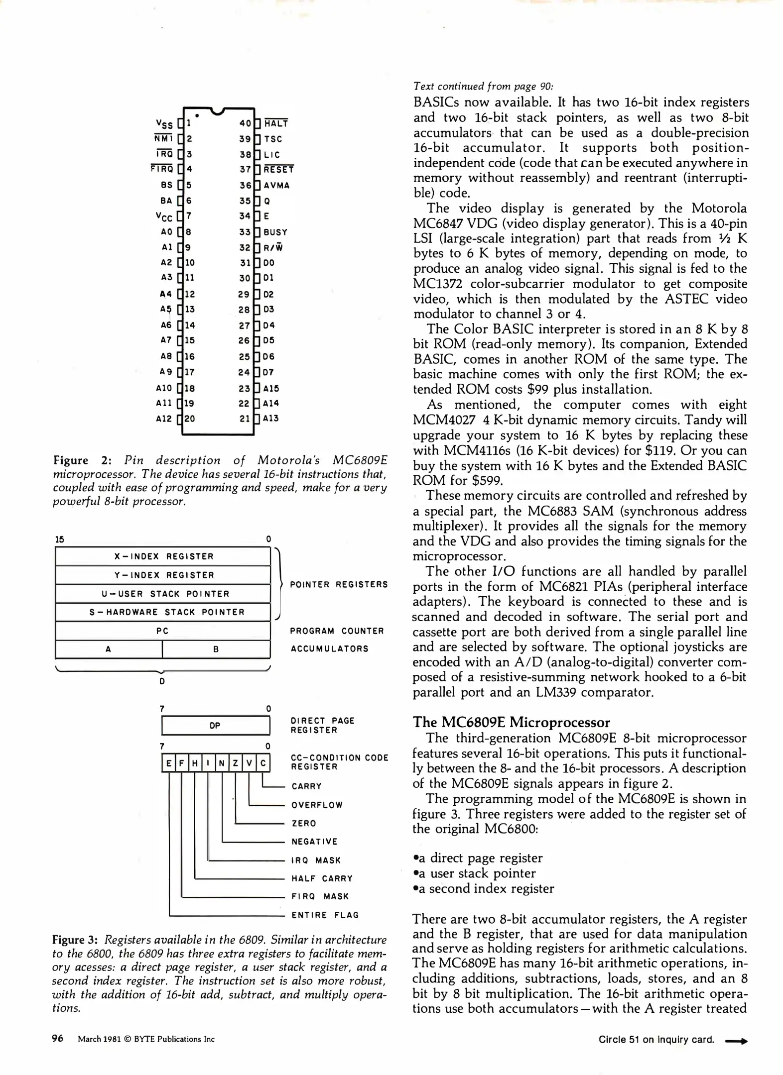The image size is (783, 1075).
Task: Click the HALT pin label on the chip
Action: coord(276,123)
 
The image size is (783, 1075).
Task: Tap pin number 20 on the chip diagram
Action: coord(190,419)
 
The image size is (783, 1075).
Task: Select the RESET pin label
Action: coord(278,170)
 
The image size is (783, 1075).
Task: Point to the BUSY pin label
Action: coord(275,232)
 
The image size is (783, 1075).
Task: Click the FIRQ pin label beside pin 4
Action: coord(162,169)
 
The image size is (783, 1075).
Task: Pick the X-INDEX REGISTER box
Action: coord(163,556)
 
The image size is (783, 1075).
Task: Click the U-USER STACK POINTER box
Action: coord(163,594)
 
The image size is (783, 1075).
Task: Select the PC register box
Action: coord(163,631)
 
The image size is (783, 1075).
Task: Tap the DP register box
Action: coord(215,726)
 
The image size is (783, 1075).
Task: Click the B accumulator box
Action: coord(216,649)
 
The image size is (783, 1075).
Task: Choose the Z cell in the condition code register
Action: coord(236,763)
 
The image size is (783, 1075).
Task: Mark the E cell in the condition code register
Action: coord(169,763)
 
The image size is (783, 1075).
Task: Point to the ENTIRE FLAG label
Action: coord(325,915)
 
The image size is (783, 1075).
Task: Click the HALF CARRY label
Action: coord(322,878)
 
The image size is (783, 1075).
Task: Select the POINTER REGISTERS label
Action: coord(339,584)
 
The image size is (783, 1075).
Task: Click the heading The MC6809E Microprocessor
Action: coord(511,723)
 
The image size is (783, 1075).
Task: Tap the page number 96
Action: coord(58,1038)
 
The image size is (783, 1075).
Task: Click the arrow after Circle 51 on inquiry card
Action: coord(736,1041)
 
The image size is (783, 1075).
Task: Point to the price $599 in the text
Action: coord(487,480)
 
